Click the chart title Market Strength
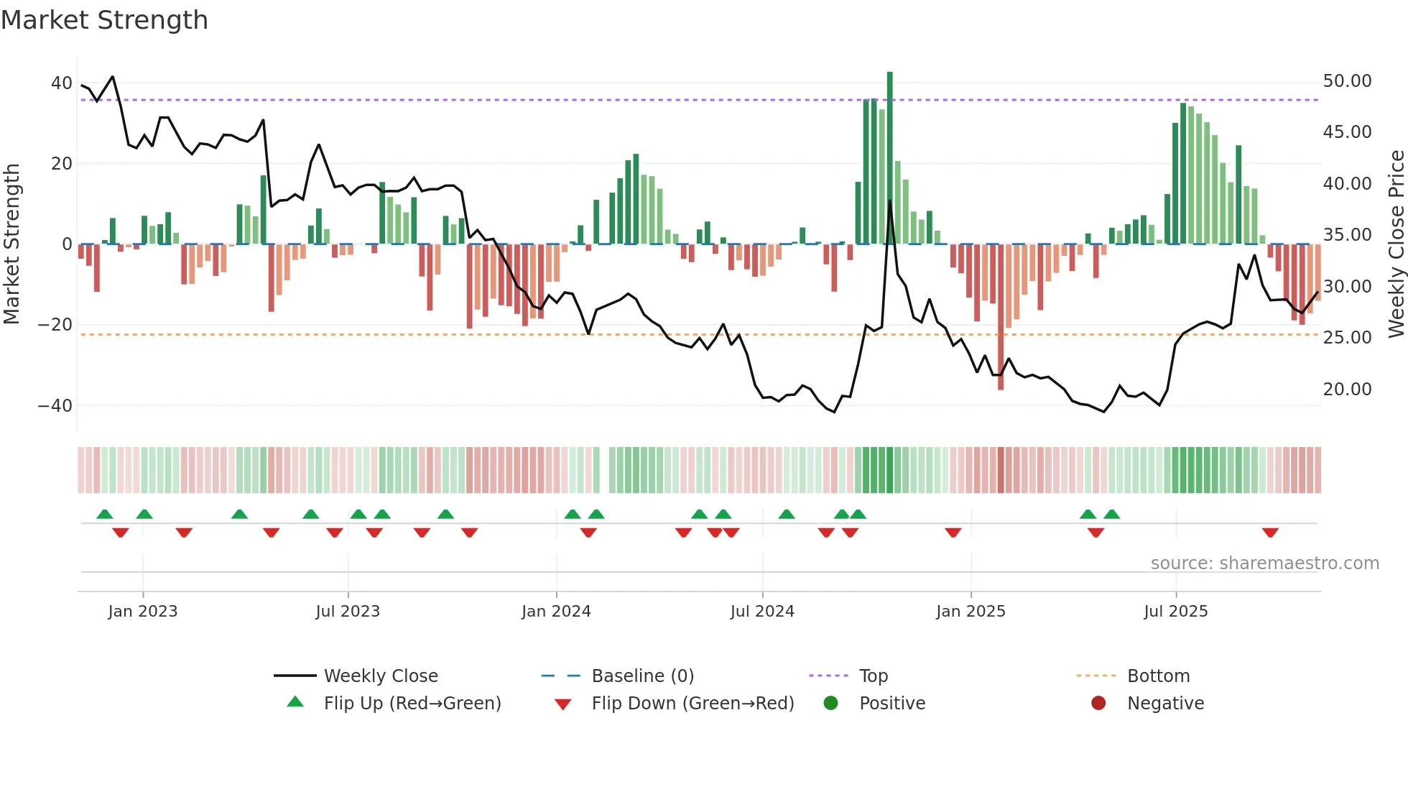pyautogui.click(x=105, y=20)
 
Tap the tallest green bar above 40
pyautogui.click(x=890, y=158)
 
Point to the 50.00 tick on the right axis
pyautogui.click(x=1347, y=81)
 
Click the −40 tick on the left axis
pyautogui.click(x=55, y=405)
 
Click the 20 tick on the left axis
pyautogui.click(x=61, y=164)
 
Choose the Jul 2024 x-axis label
pyautogui.click(x=762, y=612)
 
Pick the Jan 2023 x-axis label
pyautogui.click(x=143, y=612)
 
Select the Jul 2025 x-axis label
pyautogui.click(x=1176, y=612)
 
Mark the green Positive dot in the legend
pyautogui.click(x=831, y=704)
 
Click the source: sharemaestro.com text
pyautogui.click(x=1264, y=563)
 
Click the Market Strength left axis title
pyautogui.click(x=12, y=244)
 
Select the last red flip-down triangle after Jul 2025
pyautogui.click(x=1270, y=533)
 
